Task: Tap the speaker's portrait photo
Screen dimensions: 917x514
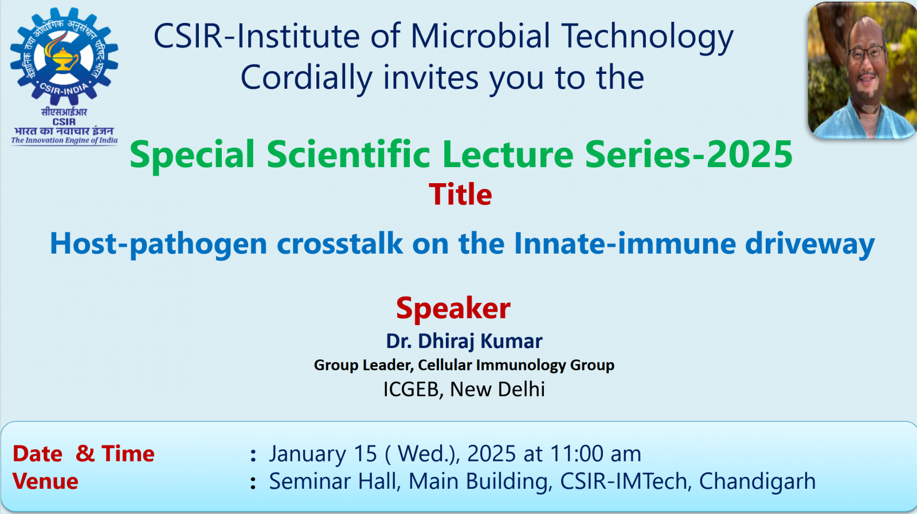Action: [x=862, y=70]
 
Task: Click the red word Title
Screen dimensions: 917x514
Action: [x=460, y=194]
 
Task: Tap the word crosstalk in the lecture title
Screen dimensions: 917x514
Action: [x=340, y=244]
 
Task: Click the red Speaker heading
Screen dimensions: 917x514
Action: [x=453, y=308]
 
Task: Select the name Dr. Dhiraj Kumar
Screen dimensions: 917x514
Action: [x=464, y=341]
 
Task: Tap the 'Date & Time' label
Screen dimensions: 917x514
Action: [x=84, y=453]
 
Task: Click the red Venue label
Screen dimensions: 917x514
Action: [x=45, y=481]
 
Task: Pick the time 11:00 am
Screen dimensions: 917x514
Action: [x=595, y=453]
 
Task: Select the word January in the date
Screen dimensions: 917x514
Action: [x=307, y=454]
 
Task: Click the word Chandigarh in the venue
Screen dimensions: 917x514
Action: [x=757, y=481]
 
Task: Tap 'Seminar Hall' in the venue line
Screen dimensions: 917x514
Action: [x=333, y=481]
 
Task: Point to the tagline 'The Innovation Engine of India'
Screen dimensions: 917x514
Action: [x=64, y=141]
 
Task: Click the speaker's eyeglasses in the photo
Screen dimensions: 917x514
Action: [x=868, y=54]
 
